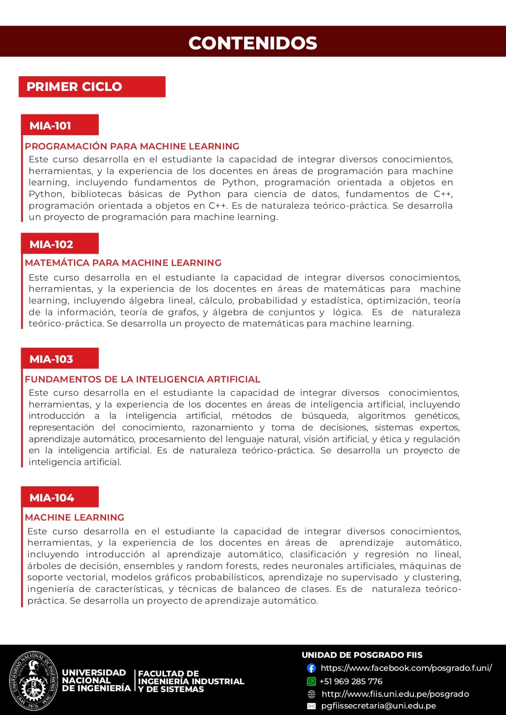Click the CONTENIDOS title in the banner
[253, 43]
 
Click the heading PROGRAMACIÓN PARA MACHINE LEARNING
[132, 146]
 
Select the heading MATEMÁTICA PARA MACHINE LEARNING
[123, 263]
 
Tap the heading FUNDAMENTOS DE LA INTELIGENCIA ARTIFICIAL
[142, 379]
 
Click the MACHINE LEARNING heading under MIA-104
[74, 518]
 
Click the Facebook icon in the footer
[311, 668]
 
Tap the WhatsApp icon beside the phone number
[311, 682]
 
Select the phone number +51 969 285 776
[351, 682]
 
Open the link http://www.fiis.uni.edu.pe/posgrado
[395, 694]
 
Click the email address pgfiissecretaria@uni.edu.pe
[379, 706]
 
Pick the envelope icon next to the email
[311, 706]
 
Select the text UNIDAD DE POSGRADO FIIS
[362, 655]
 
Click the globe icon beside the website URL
[311, 694]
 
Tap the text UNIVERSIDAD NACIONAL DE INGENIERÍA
[96, 680]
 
